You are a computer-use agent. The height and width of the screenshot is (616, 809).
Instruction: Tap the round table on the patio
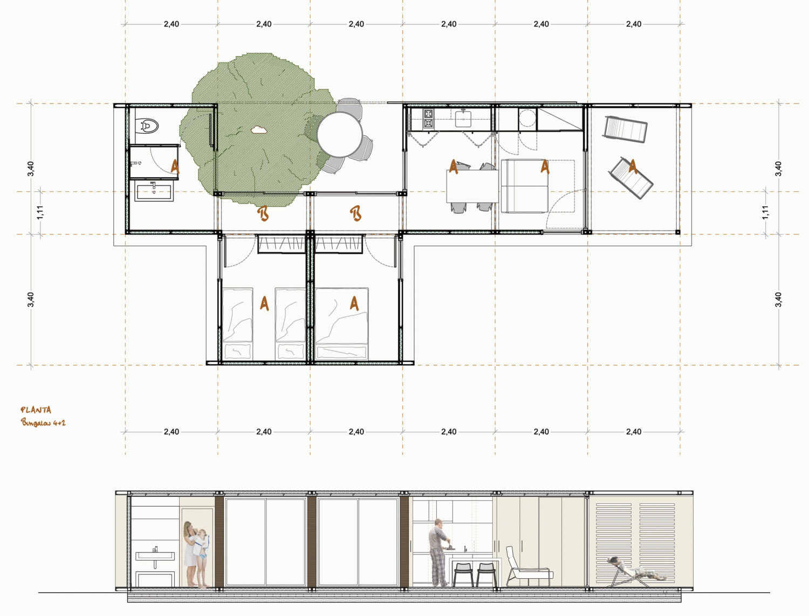point(340,134)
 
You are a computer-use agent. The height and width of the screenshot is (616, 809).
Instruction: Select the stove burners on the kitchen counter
point(428,118)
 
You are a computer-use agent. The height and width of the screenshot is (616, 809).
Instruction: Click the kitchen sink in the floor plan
point(463,119)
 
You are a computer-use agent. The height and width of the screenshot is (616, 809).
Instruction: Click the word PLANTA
point(36,410)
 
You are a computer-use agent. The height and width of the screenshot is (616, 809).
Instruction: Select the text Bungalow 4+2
point(43,423)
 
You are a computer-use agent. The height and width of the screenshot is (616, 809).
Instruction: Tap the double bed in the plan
point(341,324)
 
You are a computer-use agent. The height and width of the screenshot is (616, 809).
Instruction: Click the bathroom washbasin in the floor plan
point(154,191)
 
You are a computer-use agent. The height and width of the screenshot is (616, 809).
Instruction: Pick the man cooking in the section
point(438,552)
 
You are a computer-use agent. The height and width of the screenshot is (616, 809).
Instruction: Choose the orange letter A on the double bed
point(354,303)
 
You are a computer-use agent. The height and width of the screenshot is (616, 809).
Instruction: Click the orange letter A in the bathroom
point(175,167)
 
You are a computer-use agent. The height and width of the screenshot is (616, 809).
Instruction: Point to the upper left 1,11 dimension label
point(40,212)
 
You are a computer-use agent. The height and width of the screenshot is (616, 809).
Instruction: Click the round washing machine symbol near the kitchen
point(527,118)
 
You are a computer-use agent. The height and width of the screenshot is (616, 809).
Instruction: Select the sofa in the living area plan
point(524,186)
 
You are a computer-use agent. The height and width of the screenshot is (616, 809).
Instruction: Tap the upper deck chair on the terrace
point(625,129)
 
